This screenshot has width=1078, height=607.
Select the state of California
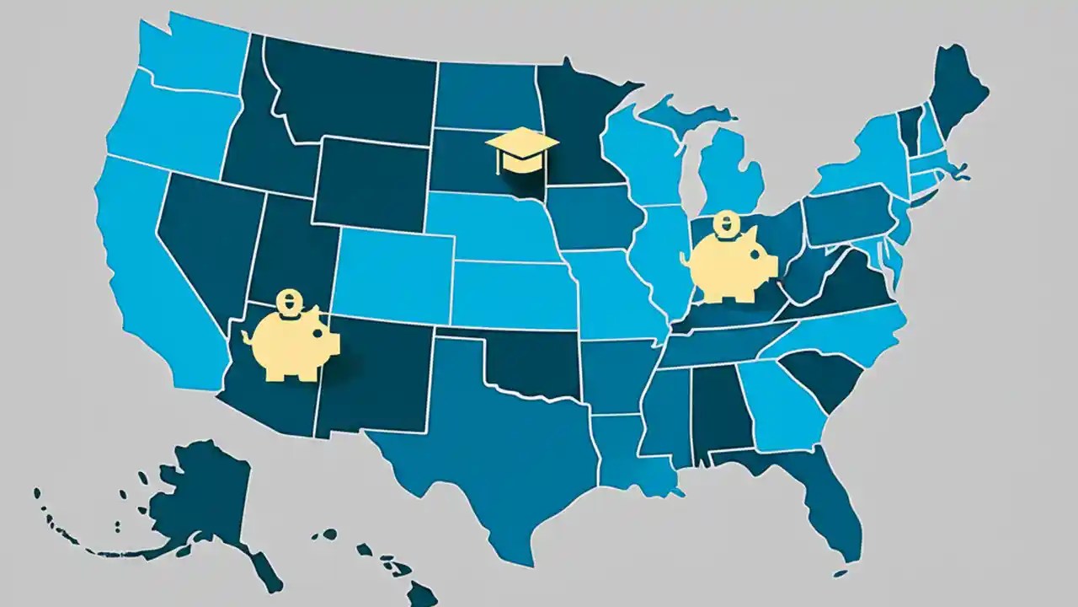point(143,278)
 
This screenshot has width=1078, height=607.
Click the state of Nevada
point(202,236)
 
